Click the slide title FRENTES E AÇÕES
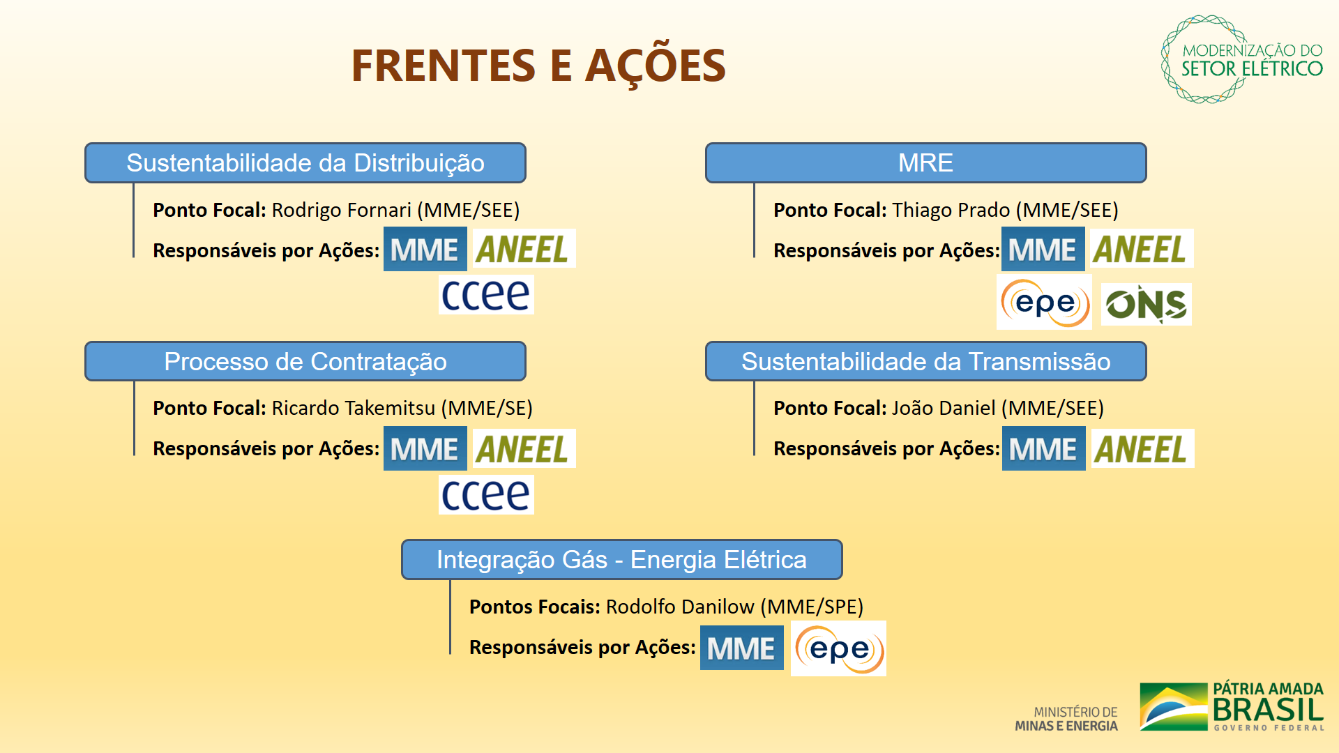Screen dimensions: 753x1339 (538, 66)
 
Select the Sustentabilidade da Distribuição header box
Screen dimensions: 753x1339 (305, 163)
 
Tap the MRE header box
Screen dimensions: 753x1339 (925, 163)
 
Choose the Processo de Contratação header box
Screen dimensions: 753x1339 (305, 361)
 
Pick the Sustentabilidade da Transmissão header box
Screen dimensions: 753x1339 (925, 361)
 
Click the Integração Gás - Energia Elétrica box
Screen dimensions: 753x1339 (621, 559)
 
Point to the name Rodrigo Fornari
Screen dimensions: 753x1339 (341, 210)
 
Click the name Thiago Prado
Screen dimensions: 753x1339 (951, 210)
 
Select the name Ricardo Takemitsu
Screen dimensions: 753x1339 (353, 408)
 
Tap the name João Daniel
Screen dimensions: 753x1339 (943, 408)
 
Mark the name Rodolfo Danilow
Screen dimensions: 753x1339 (679, 607)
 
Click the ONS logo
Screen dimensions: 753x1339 (1146, 304)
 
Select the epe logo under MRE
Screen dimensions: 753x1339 (1044, 303)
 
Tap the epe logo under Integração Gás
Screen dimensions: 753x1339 (838, 649)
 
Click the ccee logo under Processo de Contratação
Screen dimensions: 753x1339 (486, 494)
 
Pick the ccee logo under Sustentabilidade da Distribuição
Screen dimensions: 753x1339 (486, 295)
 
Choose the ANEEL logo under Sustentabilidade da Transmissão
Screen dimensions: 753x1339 (1142, 449)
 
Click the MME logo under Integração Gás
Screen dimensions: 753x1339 (741, 648)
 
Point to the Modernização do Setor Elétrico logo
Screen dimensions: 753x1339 (1242, 60)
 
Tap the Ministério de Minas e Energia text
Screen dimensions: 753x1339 (1066, 719)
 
